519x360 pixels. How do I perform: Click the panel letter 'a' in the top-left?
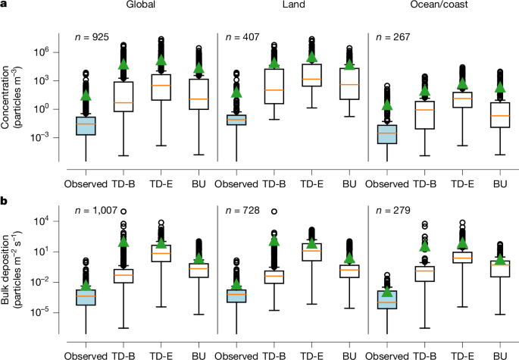pyautogui.click(x=5, y=6)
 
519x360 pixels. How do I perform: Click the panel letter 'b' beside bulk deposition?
pyautogui.click(x=5, y=200)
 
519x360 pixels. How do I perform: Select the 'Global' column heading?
pyautogui.click(x=142, y=6)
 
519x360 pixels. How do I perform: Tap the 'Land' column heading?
pyautogui.click(x=291, y=6)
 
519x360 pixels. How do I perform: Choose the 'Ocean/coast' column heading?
pyautogui.click(x=440, y=6)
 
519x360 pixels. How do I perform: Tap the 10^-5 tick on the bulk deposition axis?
pyautogui.click(x=52, y=311)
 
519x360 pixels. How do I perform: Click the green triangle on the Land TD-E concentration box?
pyautogui.click(x=311, y=56)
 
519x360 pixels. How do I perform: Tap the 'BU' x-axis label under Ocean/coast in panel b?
pyautogui.click(x=499, y=355)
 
